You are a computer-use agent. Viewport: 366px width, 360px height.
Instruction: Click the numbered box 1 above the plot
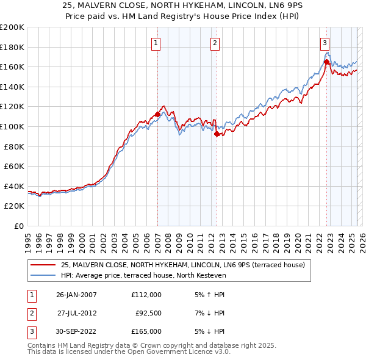157,43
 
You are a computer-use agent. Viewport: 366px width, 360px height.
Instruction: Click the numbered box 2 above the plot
216,43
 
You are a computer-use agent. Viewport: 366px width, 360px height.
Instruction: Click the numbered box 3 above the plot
325,43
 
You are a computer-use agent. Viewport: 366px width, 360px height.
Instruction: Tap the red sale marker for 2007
157,114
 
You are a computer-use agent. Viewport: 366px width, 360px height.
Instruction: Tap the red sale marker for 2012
217,134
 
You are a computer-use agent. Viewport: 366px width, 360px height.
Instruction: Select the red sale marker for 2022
326,62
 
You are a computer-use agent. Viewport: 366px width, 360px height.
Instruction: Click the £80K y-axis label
13,146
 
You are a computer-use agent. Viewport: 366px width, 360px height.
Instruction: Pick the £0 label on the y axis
19,226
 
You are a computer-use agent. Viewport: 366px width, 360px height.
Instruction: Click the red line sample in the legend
43,264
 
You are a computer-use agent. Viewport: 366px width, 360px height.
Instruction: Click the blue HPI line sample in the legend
43,275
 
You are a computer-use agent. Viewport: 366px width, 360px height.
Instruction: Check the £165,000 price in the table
146,331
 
